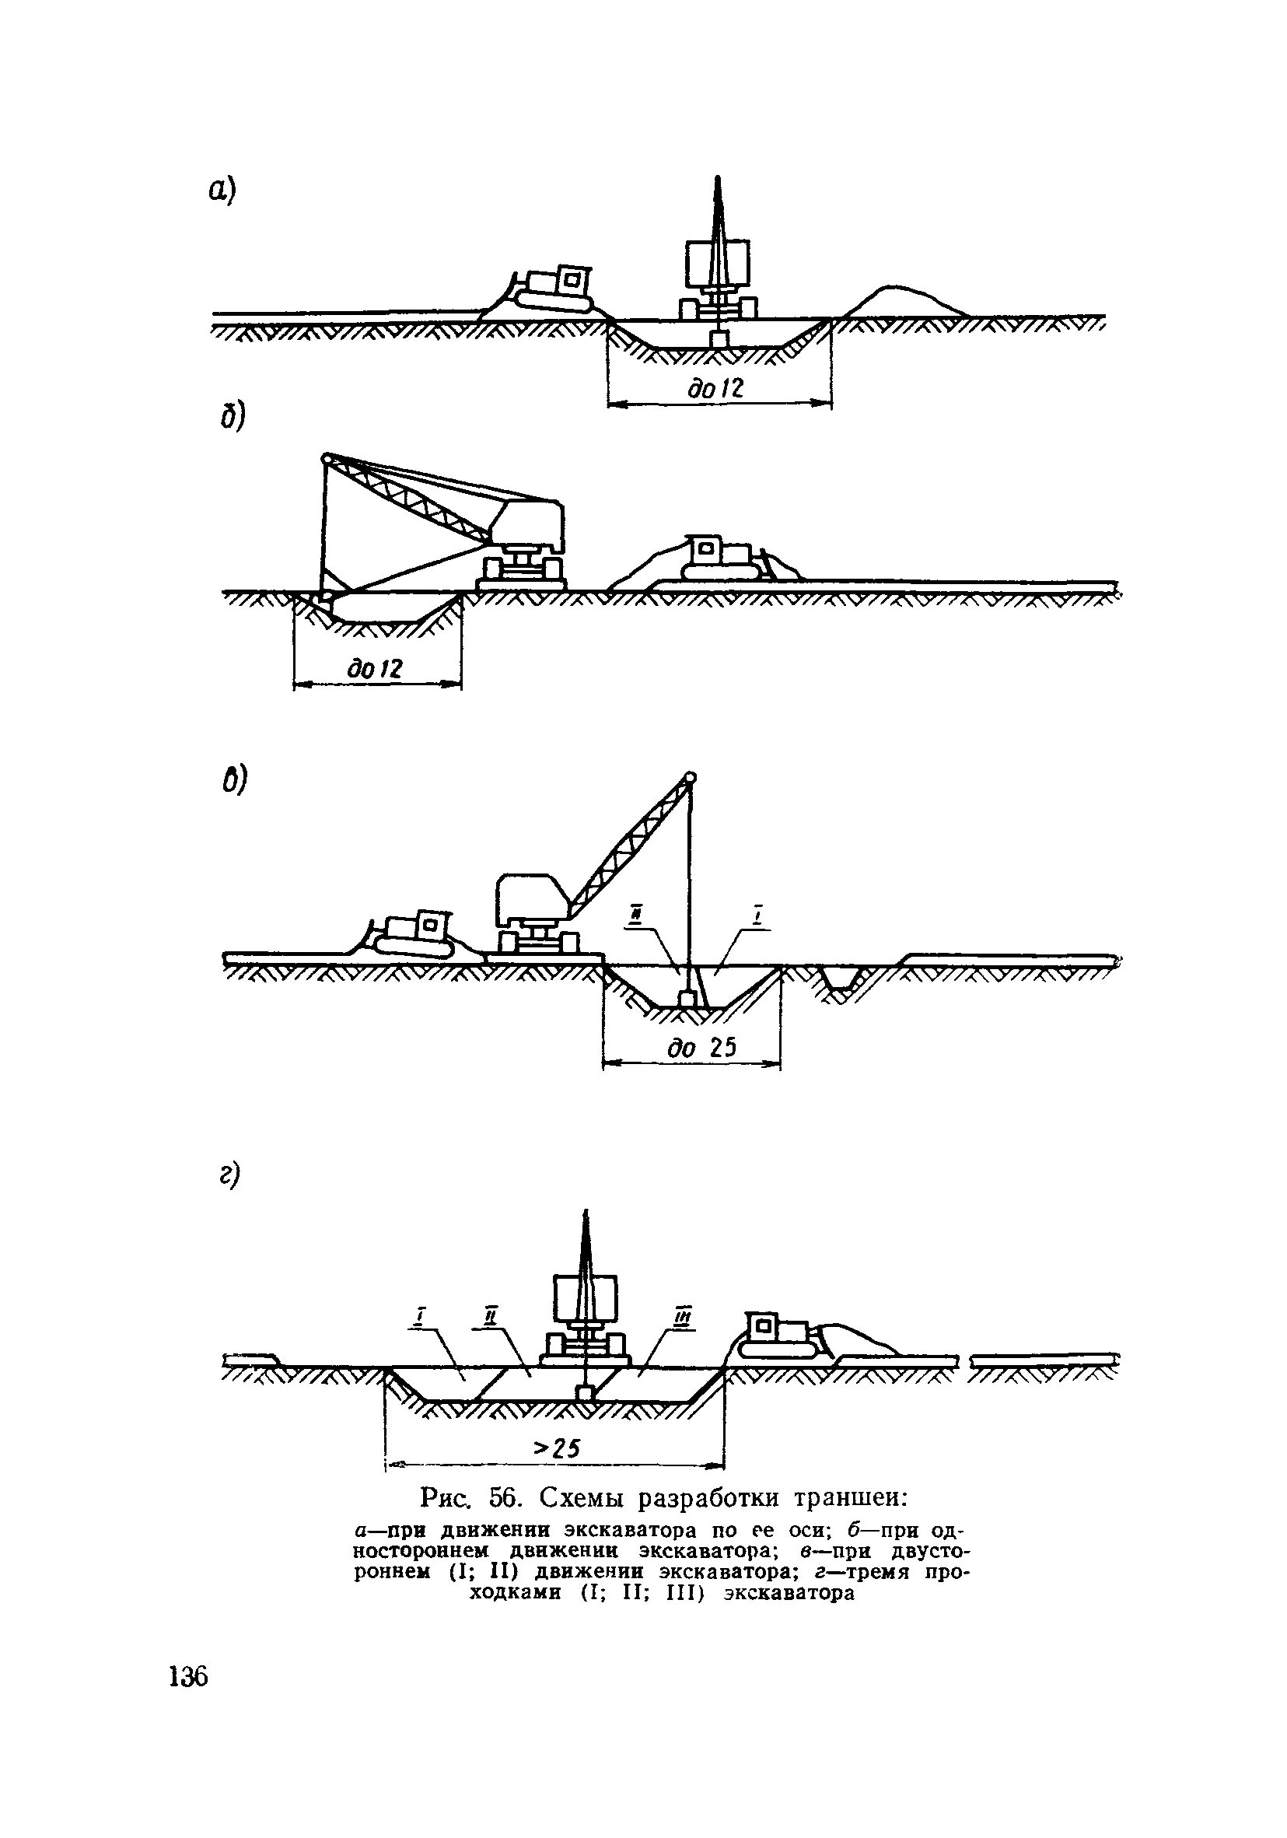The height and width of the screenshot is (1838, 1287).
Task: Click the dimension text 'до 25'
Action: click(701, 1048)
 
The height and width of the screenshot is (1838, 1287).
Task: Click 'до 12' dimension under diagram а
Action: click(715, 389)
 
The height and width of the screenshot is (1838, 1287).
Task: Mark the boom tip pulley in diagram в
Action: click(689, 775)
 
